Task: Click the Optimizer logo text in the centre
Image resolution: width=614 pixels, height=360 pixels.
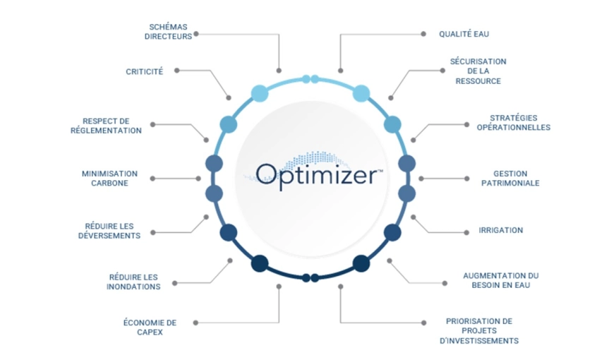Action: [316, 175]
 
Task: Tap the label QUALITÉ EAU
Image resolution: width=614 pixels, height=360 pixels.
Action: [464, 34]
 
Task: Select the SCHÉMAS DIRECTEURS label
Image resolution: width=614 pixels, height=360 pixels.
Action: [169, 32]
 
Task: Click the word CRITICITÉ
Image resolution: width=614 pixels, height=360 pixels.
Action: [144, 72]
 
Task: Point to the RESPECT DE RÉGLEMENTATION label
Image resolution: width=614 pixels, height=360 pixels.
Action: [106, 126]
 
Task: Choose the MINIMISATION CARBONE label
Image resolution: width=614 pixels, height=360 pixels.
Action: [109, 179]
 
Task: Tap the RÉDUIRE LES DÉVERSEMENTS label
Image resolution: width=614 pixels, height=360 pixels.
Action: [109, 231]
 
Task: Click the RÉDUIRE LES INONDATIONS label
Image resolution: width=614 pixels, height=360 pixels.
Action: [133, 282]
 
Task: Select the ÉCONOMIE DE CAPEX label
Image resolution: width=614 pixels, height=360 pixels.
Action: [150, 327]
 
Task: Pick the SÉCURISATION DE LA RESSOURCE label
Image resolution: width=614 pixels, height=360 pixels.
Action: [478, 71]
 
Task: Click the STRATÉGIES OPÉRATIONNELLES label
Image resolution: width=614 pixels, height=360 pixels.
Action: [513, 123]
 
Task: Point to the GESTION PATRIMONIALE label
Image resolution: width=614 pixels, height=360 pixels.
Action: [510, 179]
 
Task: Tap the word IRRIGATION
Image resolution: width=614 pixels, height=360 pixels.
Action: [500, 230]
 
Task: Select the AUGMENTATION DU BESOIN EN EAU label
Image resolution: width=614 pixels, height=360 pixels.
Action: [501, 280]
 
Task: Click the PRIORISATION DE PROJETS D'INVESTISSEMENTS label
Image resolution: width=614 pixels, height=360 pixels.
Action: [479, 331]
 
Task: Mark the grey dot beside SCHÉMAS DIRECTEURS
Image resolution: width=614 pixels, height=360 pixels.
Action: [196, 34]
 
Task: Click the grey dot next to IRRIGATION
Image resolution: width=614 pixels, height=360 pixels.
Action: [466, 232]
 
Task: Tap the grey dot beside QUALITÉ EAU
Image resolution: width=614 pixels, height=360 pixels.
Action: [423, 34]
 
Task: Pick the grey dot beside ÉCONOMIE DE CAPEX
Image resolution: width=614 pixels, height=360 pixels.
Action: [195, 323]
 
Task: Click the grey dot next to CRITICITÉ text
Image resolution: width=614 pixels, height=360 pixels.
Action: [177, 71]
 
